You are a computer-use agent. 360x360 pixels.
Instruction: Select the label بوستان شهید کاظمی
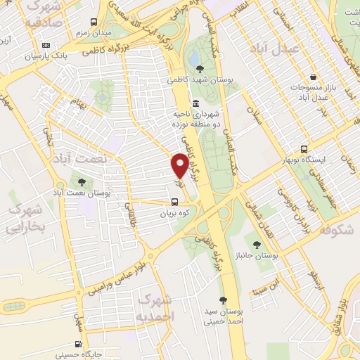tap(200, 80)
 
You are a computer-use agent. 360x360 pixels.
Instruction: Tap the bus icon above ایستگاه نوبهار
tap(304, 149)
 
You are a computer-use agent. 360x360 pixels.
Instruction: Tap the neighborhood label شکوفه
tap(336, 230)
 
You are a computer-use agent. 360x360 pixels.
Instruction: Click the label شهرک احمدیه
tap(155, 308)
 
